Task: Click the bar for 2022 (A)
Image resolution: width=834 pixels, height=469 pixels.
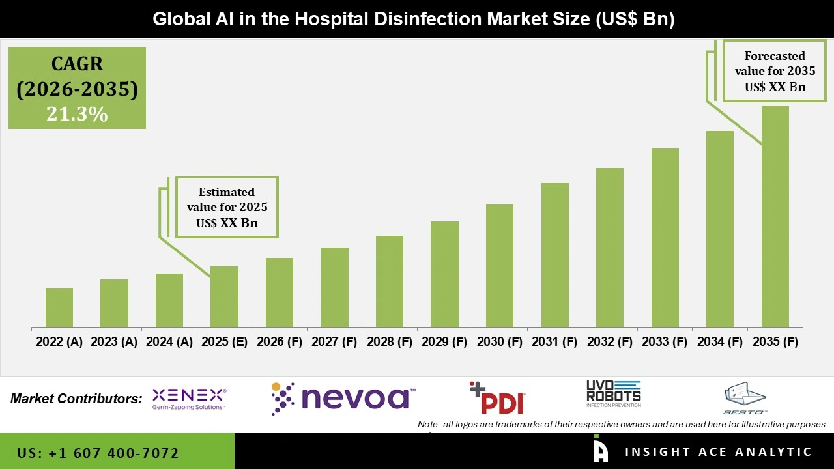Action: (x=59, y=307)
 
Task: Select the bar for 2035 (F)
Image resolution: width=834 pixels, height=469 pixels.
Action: (x=775, y=216)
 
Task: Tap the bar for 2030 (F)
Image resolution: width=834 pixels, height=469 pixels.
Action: (x=500, y=265)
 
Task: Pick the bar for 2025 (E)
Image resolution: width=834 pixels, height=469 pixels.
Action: (x=224, y=296)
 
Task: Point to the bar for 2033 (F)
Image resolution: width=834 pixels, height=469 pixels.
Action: (x=665, y=237)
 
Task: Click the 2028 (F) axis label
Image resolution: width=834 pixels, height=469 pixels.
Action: (x=390, y=342)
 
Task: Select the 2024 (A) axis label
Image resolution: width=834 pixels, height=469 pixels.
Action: (x=169, y=342)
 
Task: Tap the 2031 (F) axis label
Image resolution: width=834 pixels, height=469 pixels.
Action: (x=554, y=342)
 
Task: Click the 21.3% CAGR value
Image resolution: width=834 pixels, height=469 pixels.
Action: (x=77, y=114)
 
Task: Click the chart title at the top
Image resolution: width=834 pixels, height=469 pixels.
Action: (x=413, y=19)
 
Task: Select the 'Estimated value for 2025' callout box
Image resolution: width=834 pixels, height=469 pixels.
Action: (x=227, y=207)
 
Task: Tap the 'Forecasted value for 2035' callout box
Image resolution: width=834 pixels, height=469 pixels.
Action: (x=775, y=71)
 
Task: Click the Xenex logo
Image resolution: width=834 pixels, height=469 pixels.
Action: (x=189, y=399)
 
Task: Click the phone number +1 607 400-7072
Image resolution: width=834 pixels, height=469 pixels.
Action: (x=98, y=453)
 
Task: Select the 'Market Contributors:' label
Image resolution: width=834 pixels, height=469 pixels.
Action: (x=76, y=399)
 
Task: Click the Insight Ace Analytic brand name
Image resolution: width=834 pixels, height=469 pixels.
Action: (x=718, y=452)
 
